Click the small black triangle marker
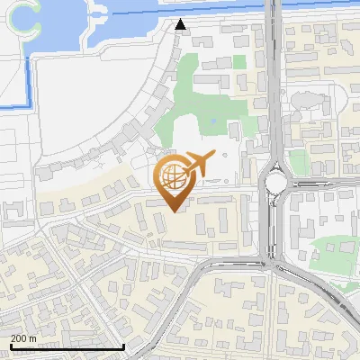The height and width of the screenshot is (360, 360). pos(181,25)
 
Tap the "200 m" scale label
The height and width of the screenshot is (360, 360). pos(24,337)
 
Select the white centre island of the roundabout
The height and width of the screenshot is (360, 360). pos(275,184)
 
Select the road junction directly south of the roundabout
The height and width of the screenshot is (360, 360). pos(274,261)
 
